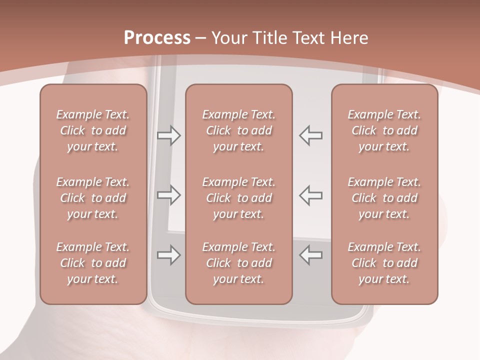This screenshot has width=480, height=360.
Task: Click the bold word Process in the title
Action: [157, 38]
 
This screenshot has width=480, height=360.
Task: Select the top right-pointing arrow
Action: [169, 135]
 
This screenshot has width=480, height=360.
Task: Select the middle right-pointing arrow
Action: [169, 195]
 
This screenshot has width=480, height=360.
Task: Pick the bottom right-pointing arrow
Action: [169, 255]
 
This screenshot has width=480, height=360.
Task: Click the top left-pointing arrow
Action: [311, 135]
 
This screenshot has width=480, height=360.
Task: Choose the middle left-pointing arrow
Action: [311, 195]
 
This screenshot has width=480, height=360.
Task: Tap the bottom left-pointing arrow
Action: [311, 255]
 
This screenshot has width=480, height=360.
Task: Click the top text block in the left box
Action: [93, 130]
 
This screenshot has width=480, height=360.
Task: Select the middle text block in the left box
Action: [93, 198]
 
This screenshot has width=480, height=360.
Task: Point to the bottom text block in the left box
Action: [93, 263]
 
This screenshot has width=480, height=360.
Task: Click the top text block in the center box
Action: [239, 130]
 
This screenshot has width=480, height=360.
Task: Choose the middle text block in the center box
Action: [239, 198]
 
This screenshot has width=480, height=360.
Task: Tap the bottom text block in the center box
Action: [239, 263]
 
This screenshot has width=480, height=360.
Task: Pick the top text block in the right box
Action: [384, 130]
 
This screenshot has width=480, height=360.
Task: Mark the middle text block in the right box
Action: [384, 198]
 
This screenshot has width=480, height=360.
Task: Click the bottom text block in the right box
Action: [384, 263]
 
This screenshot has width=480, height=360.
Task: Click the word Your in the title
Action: [229, 38]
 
